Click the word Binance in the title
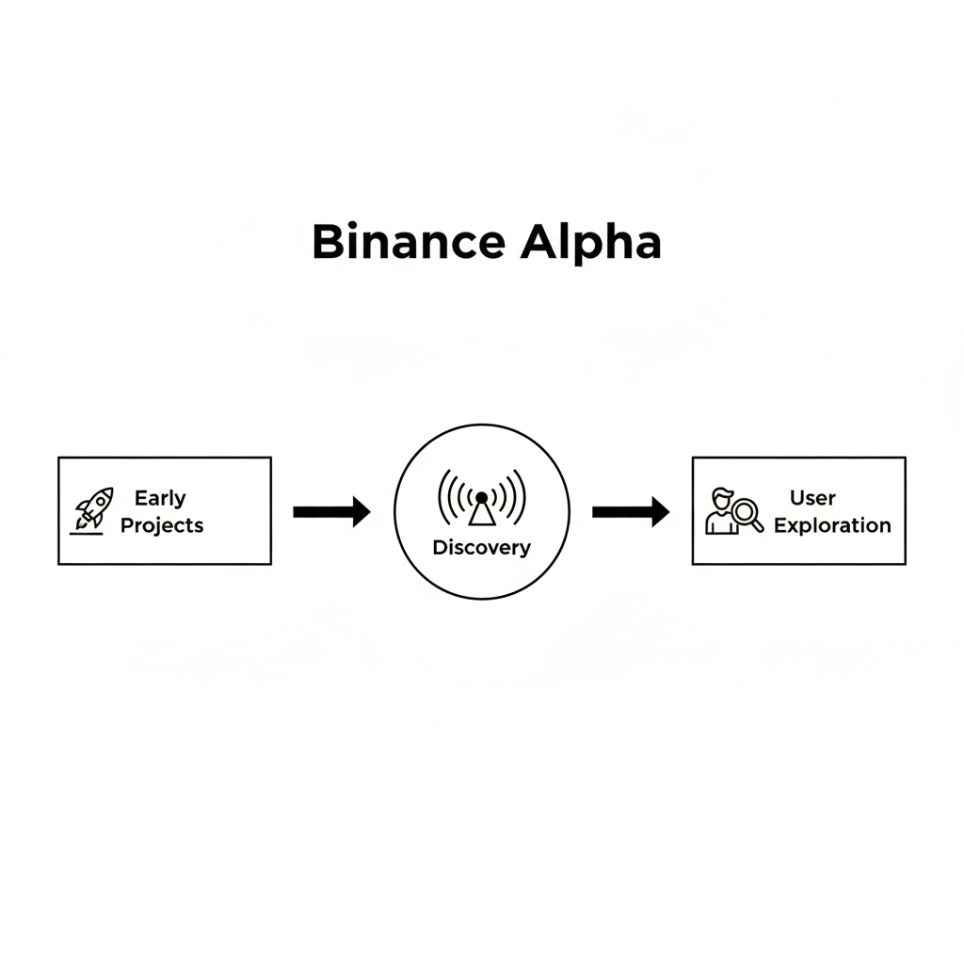coord(409,242)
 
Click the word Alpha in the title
coord(591,244)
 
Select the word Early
coord(160,499)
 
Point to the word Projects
coord(162,525)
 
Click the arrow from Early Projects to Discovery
coord(332,512)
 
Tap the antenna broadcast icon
coord(482,497)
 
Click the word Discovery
coord(481,548)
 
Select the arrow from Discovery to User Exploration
coord(631,512)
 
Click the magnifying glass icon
coord(747,515)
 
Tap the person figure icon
coord(721,511)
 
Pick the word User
coord(812,498)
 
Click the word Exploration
coord(832,525)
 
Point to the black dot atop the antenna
coord(482,497)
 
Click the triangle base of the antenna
coord(482,514)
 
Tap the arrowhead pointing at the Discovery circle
coord(362,512)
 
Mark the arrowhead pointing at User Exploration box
coord(661,512)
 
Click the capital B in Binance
coord(328,242)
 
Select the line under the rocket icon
coord(86,533)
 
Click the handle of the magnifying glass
coord(758,525)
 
